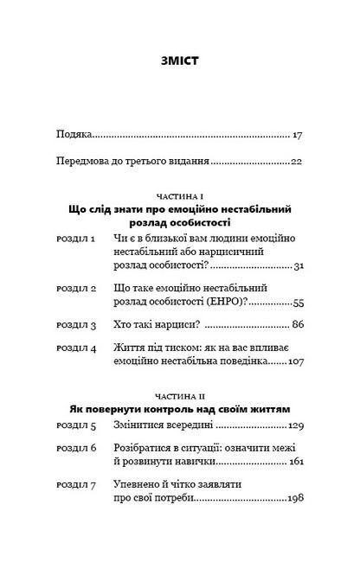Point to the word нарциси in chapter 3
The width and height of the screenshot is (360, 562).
point(179,326)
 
